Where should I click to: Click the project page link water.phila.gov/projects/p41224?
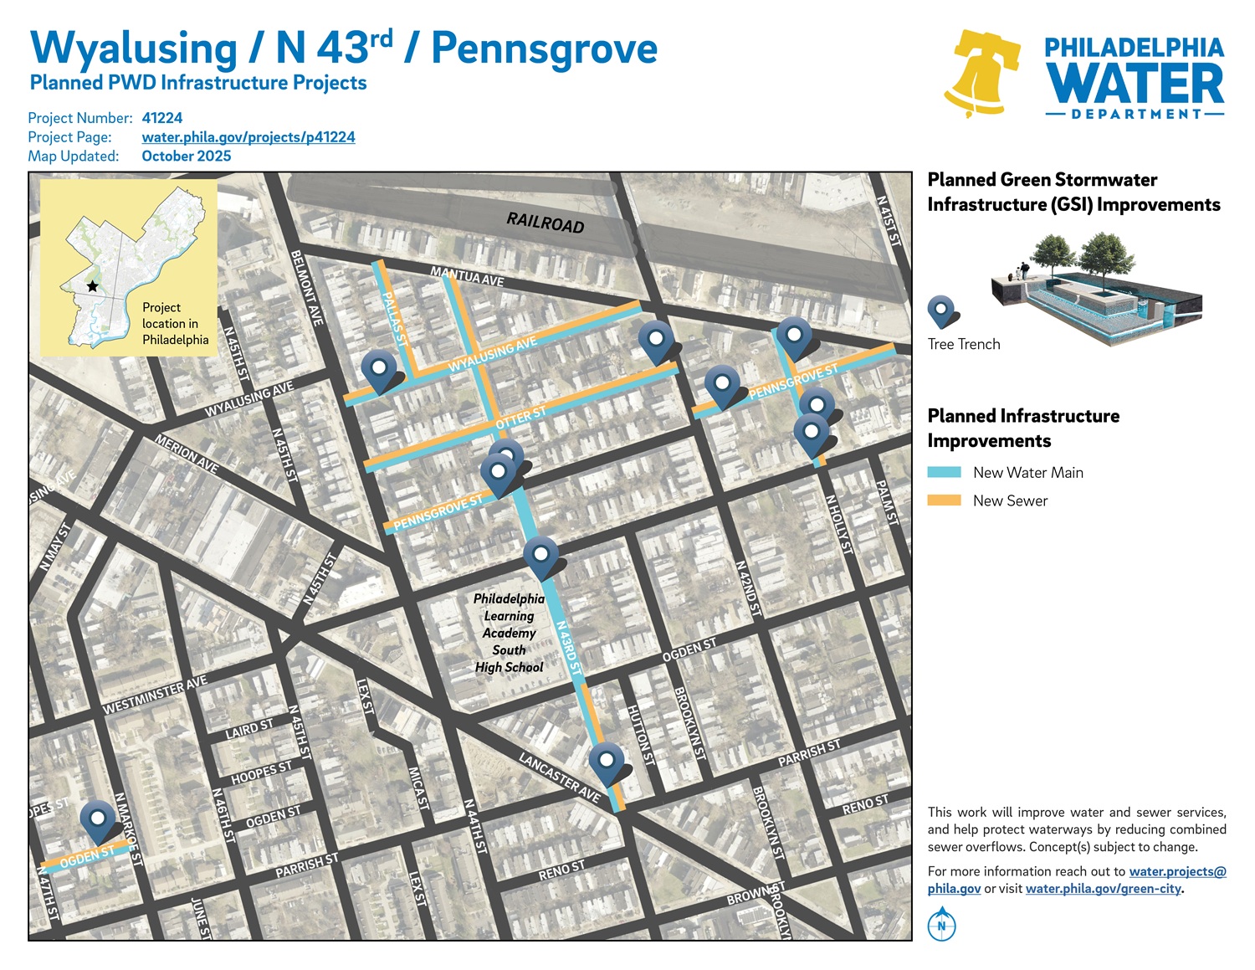[248, 137]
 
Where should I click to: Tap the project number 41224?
[161, 118]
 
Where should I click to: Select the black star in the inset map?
[92, 286]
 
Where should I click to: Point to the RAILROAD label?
[545, 223]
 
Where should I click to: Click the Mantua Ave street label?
[467, 275]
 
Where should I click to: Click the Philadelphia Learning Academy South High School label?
[509, 633]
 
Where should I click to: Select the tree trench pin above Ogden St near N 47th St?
[98, 820]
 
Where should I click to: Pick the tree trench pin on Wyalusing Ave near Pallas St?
[379, 369]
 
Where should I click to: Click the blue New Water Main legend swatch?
[944, 473]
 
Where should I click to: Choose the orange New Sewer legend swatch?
[944, 500]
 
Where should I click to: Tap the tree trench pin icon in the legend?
[942, 311]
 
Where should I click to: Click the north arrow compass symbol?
[942, 925]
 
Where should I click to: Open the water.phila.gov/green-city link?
[1103, 889]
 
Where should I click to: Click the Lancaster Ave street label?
[559, 778]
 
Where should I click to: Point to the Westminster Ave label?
[155, 696]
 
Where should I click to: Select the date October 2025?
[186, 156]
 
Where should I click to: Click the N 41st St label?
[888, 221]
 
